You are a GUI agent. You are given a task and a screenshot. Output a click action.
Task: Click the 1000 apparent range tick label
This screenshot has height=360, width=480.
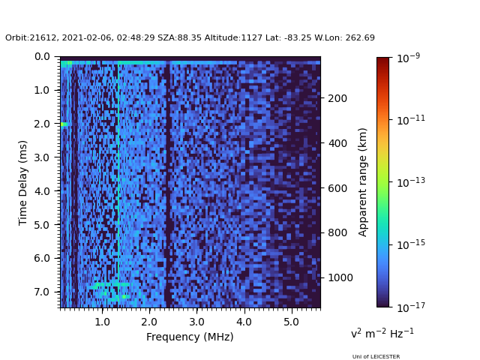pyautogui.click(x=339, y=277)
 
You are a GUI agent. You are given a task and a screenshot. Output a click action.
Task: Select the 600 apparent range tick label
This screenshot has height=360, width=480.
pyautogui.click(x=336, y=187)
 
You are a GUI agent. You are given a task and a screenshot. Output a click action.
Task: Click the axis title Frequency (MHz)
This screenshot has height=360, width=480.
pyautogui.click(x=190, y=337)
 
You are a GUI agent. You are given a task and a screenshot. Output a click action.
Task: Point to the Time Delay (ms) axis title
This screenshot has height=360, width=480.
pyautogui.click(x=23, y=182)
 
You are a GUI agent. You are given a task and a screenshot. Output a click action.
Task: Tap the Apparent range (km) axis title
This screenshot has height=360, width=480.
pyautogui.click(x=363, y=181)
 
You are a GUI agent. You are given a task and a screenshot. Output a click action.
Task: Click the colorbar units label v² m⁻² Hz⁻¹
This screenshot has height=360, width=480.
pyautogui.click(x=382, y=333)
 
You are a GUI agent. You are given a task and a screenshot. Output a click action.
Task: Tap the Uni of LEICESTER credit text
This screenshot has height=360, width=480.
pyautogui.click(x=376, y=356)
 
